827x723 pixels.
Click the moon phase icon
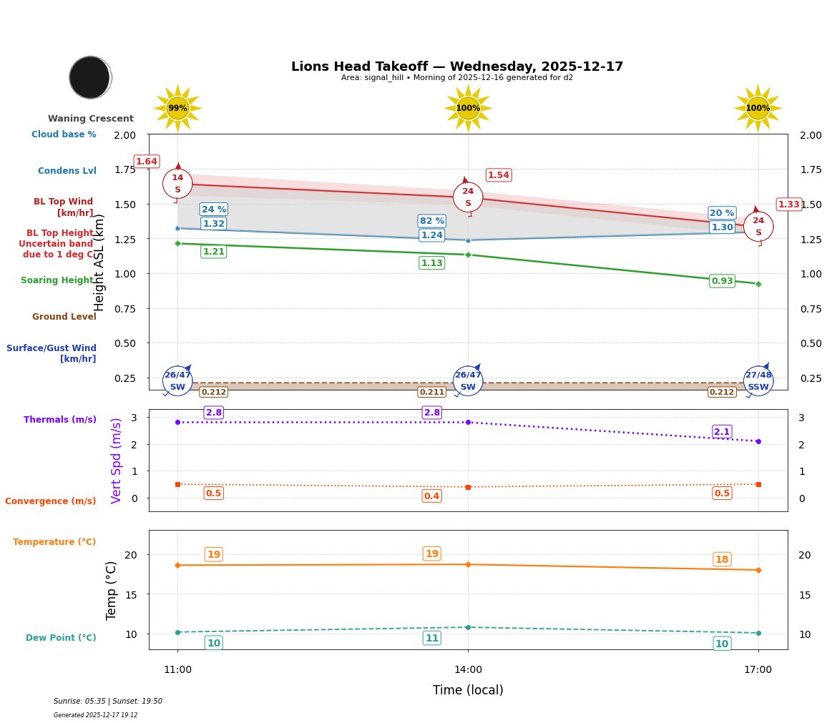[90, 77]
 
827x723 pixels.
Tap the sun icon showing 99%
[177, 108]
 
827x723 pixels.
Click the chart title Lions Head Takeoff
[456, 67]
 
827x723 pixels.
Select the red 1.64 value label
[147, 162]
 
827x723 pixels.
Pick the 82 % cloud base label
[432, 221]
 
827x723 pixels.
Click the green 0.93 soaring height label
[722, 281]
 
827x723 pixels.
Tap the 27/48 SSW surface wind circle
[758, 380]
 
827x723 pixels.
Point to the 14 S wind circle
[177, 184]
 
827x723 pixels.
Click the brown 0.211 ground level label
[432, 392]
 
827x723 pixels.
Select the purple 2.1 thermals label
[722, 431]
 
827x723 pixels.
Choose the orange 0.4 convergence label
[432, 496]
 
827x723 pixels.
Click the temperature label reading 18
[722, 559]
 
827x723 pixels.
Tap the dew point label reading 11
[432, 638]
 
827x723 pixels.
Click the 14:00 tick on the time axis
[468, 670]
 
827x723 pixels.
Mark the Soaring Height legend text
[58, 280]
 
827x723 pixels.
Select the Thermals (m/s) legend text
[60, 420]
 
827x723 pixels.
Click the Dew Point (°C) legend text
[61, 638]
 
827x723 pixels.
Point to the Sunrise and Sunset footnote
[108, 702]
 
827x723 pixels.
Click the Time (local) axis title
[468, 690]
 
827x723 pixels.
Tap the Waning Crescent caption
[91, 119]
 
